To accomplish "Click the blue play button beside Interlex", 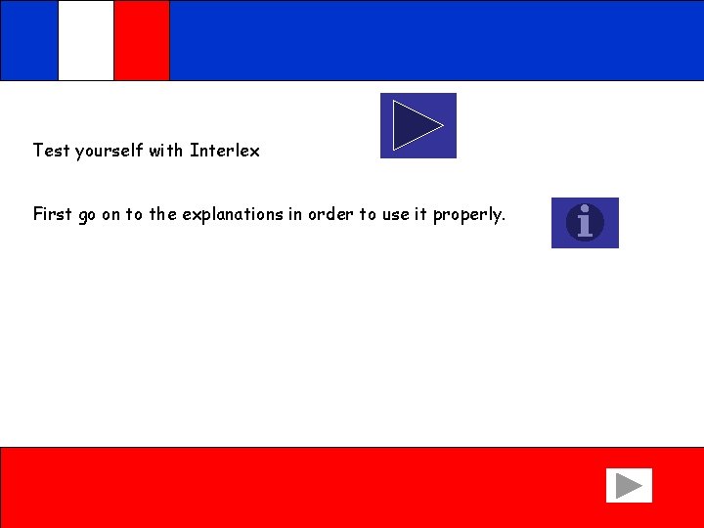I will pos(418,125).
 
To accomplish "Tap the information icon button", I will pos(585,223).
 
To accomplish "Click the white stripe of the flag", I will pos(86,40).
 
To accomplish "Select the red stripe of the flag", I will pos(142,40).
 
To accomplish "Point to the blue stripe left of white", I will pos(29,40).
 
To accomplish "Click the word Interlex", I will pos(225,151).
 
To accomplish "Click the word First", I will pos(52,214).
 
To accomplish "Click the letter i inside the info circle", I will pos(585,223).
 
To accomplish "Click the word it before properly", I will pos(421,214).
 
